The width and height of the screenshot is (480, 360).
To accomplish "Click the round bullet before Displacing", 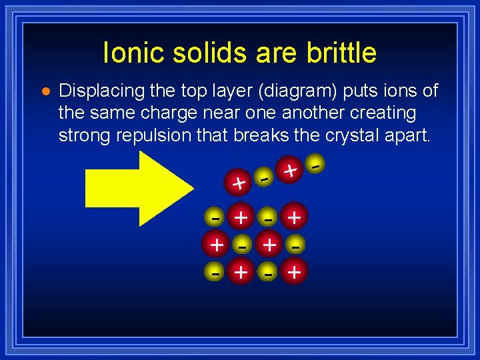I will point(45,91).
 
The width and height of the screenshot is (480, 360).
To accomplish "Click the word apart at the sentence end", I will point(407,135).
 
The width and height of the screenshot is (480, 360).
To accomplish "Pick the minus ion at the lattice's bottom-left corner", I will point(215,271).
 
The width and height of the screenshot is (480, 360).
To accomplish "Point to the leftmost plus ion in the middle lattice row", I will point(216,245).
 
